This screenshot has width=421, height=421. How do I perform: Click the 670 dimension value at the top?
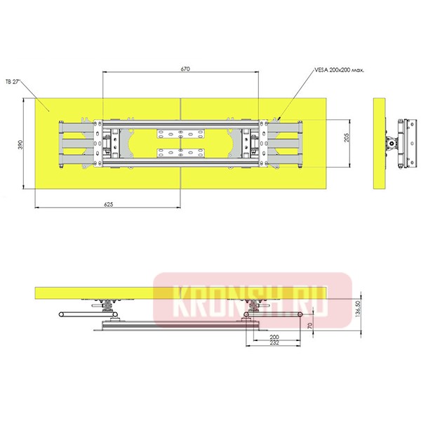185,69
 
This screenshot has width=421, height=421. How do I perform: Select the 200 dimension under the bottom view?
274,338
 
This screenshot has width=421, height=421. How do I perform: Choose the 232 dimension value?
274,344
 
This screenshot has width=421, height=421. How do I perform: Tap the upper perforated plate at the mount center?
180,133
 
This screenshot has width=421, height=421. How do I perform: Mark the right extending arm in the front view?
284,144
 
